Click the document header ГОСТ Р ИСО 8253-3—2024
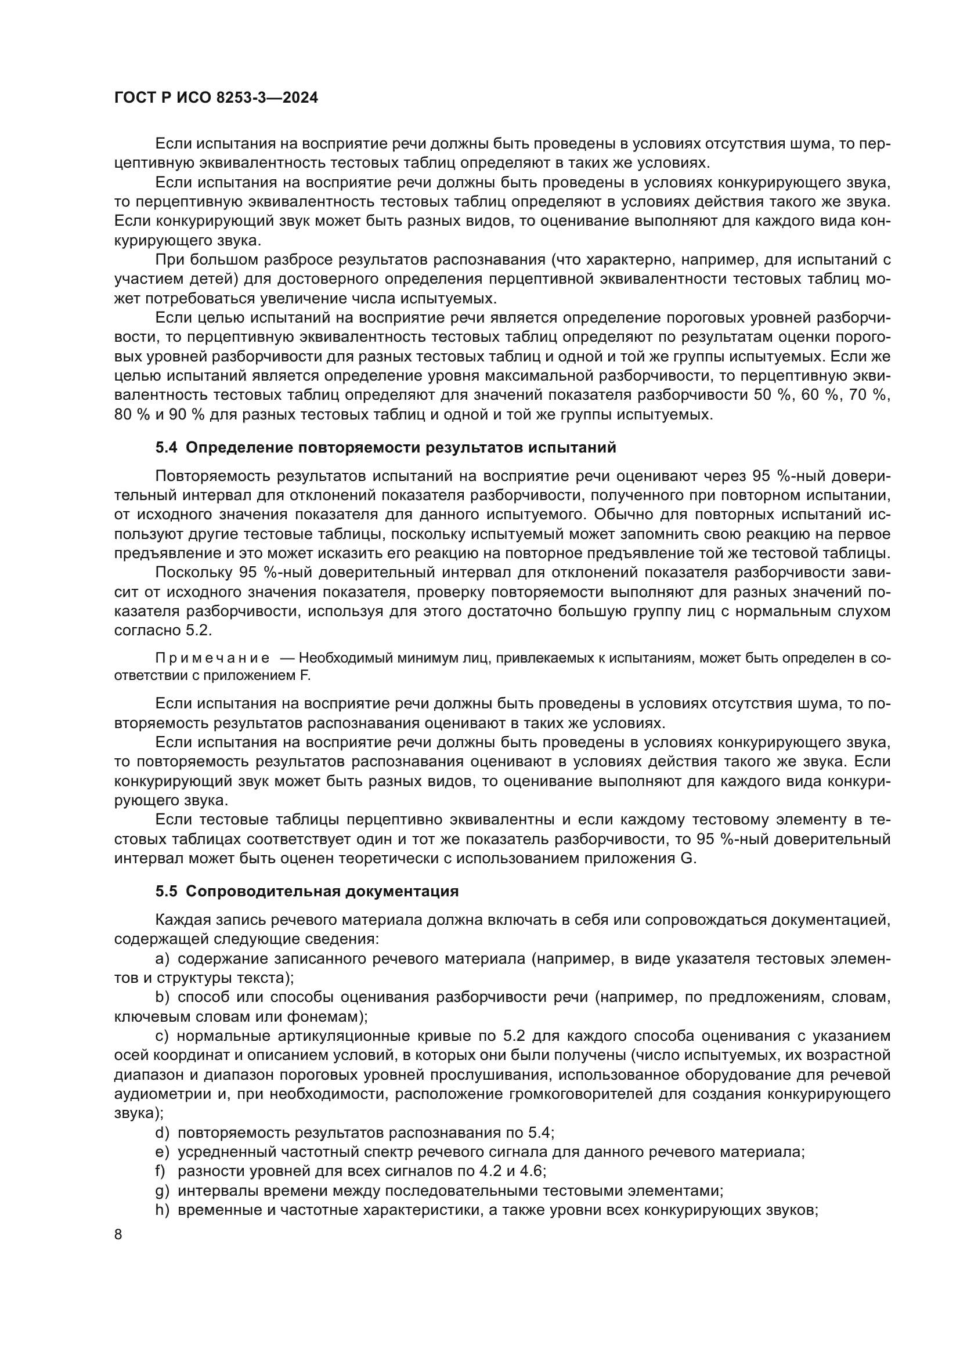click(x=216, y=98)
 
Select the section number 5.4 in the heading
click(x=166, y=447)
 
